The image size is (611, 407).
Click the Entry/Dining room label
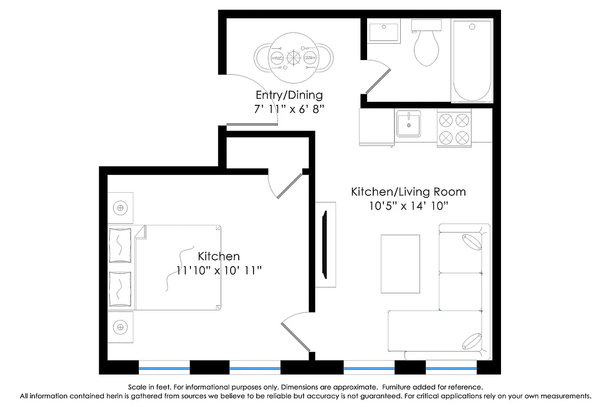(x=289, y=95)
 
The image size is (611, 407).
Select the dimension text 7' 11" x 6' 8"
(x=289, y=109)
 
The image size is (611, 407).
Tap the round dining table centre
(x=294, y=57)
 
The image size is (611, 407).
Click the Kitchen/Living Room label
(x=408, y=192)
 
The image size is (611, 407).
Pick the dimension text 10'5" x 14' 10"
(x=408, y=206)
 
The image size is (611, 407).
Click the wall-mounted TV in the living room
(x=324, y=244)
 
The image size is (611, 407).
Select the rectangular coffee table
(x=400, y=264)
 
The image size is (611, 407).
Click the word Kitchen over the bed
(x=218, y=256)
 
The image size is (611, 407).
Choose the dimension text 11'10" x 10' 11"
(x=218, y=270)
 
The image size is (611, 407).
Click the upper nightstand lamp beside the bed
(x=120, y=208)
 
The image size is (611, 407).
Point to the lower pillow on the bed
(x=120, y=289)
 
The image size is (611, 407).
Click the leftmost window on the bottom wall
(x=164, y=367)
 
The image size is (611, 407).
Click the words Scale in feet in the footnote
(x=148, y=387)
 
